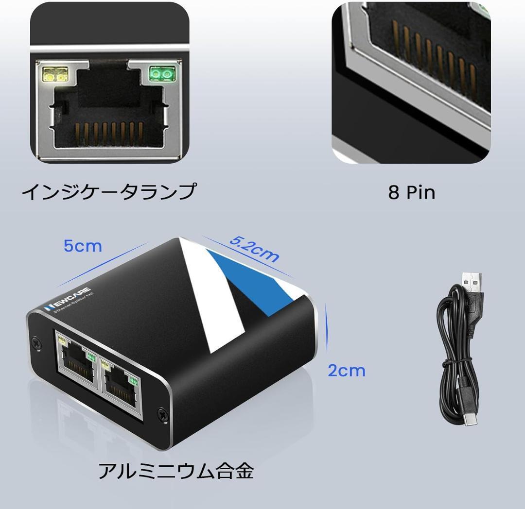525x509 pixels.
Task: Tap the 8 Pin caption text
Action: (x=411, y=193)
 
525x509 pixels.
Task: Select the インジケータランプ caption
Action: (x=109, y=191)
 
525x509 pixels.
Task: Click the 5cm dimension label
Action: (x=83, y=246)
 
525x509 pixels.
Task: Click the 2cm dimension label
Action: (x=346, y=370)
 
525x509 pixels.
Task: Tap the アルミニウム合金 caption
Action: (x=176, y=471)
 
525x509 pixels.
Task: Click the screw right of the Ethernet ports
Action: (x=161, y=414)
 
